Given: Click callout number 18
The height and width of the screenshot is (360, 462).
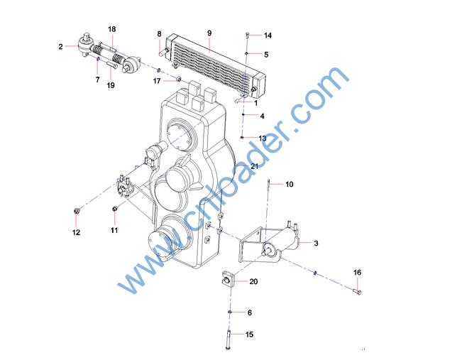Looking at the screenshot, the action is click(112, 29).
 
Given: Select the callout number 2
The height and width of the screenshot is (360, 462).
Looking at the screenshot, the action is click(60, 46).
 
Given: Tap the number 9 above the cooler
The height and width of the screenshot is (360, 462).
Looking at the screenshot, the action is click(209, 33).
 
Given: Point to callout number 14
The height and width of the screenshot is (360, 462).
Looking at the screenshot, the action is click(268, 36).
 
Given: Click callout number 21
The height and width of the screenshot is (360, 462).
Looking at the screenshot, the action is click(254, 166).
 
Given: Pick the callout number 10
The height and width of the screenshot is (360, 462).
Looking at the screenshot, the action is click(290, 185).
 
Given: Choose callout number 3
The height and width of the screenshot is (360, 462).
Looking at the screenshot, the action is click(316, 244).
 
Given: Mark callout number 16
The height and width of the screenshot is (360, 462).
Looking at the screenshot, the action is click(357, 273).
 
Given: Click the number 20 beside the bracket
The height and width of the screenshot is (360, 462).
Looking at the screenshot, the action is click(253, 282).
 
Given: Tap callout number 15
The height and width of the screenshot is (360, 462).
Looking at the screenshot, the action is click(249, 334).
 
